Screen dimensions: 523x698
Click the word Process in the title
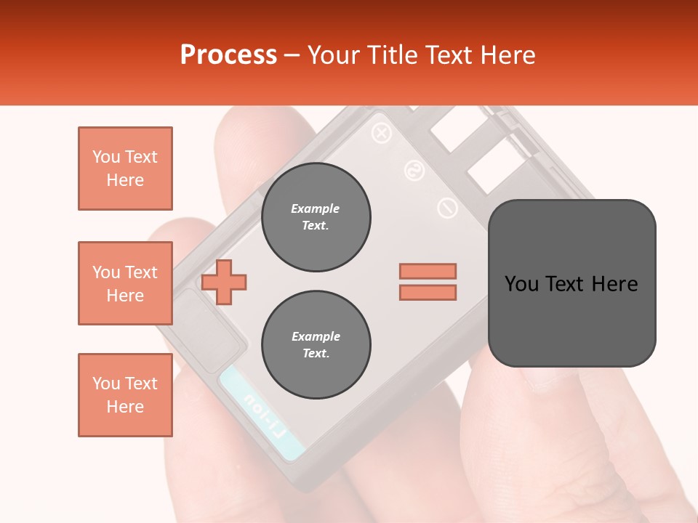click(x=228, y=55)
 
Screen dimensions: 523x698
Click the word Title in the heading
click(x=393, y=55)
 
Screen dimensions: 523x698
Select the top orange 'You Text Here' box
click(x=125, y=169)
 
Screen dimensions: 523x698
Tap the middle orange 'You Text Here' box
click(x=125, y=283)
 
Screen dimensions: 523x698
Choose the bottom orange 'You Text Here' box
click(x=125, y=395)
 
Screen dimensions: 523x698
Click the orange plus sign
click(x=224, y=282)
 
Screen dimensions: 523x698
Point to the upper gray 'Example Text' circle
click(x=316, y=217)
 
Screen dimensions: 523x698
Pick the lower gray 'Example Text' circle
click(x=316, y=345)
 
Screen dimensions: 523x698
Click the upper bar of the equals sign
click(x=428, y=271)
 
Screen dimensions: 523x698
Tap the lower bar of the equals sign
click(x=428, y=293)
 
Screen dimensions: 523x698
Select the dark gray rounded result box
click(x=571, y=283)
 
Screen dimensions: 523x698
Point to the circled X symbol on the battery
click(x=382, y=134)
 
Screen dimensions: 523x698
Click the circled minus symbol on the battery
click(x=447, y=208)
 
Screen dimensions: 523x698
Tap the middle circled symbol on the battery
click(x=414, y=171)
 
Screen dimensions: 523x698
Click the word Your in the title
click(x=334, y=55)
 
